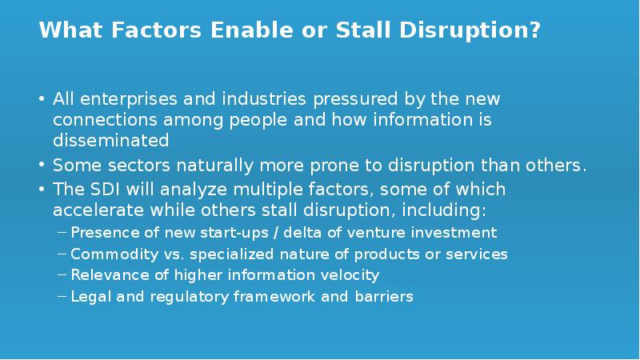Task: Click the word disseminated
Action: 111,141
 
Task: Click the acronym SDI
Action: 101,190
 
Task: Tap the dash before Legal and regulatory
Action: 62,297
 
